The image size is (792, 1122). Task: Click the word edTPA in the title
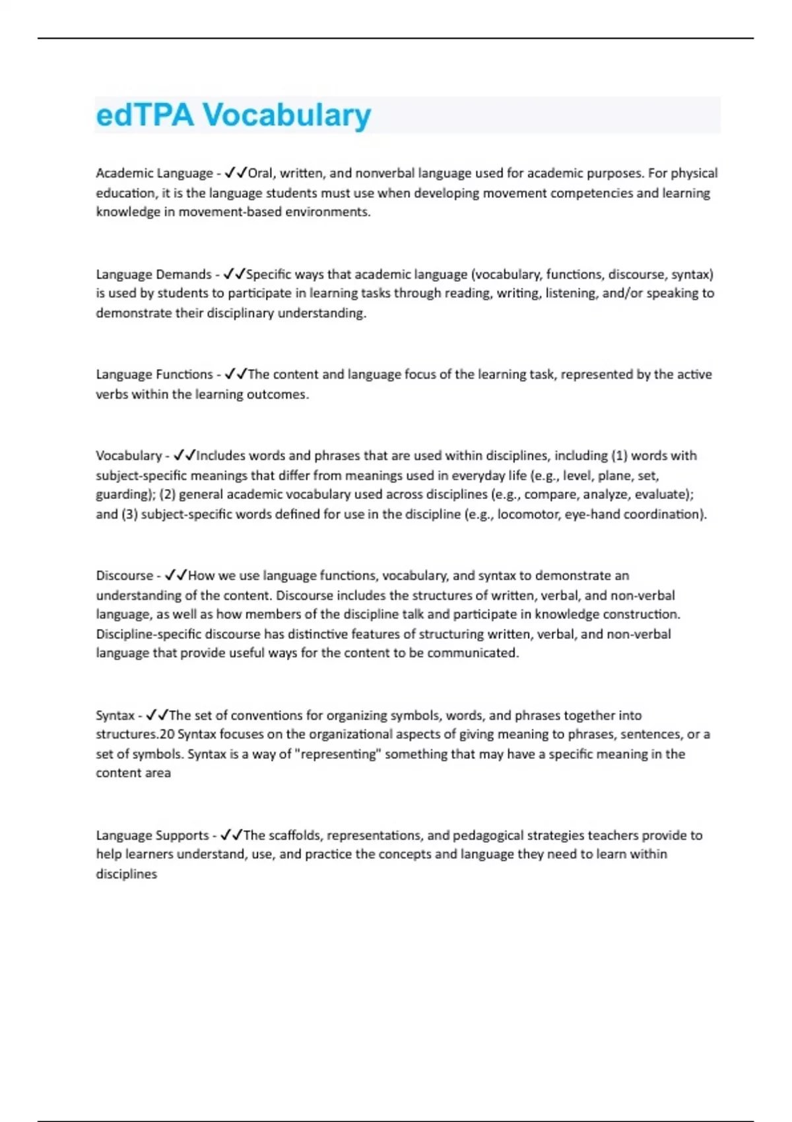pyautogui.click(x=145, y=115)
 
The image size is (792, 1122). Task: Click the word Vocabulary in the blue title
pyautogui.click(x=286, y=116)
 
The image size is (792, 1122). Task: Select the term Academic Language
pyautogui.click(x=154, y=174)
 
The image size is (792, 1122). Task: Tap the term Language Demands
pyautogui.click(x=154, y=275)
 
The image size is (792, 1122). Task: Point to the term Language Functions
pyautogui.click(x=154, y=375)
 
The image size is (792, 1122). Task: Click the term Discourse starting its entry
pyautogui.click(x=124, y=576)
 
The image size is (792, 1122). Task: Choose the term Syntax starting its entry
pyautogui.click(x=115, y=715)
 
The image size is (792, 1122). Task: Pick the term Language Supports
pyautogui.click(x=152, y=836)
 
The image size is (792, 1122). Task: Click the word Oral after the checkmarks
pyautogui.click(x=260, y=174)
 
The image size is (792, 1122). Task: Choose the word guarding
pyautogui.click(x=123, y=495)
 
